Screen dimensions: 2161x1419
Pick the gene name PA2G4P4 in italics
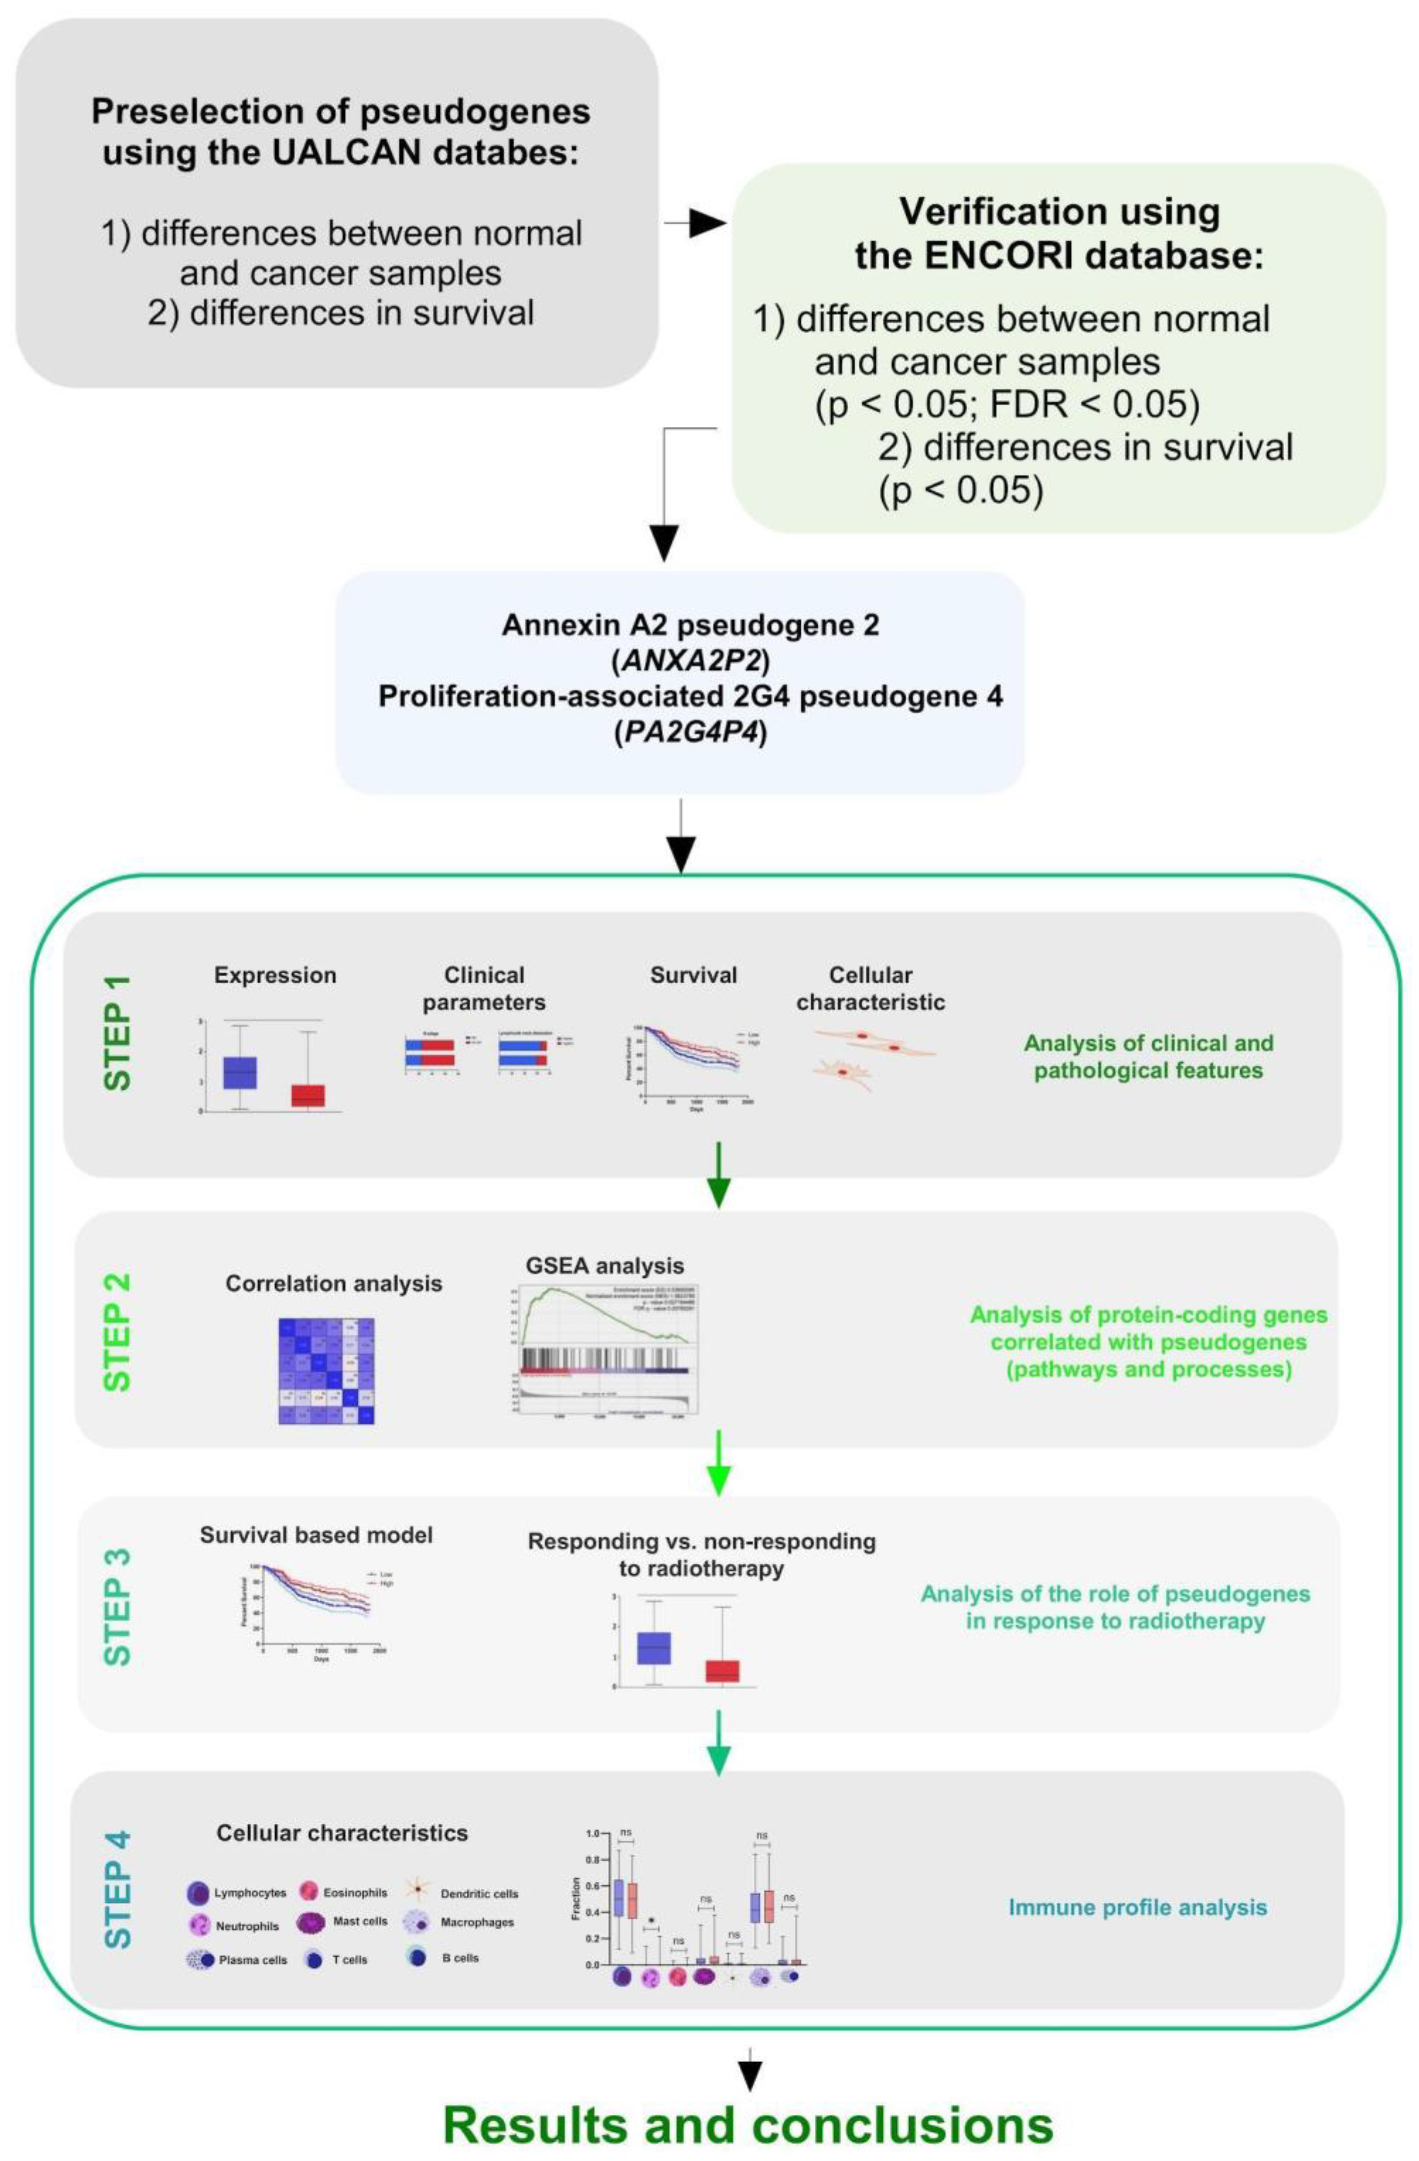690,732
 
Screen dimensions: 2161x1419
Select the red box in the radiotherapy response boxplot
722,1672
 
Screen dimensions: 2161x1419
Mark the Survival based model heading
316,1535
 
